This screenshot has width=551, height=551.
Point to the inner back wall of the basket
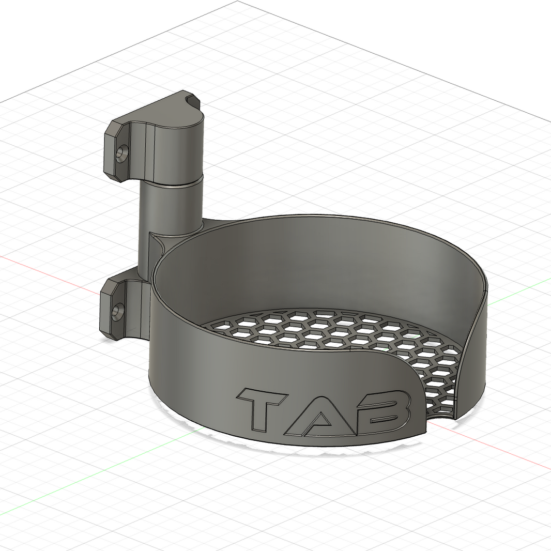320,258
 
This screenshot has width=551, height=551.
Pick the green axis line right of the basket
517,292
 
